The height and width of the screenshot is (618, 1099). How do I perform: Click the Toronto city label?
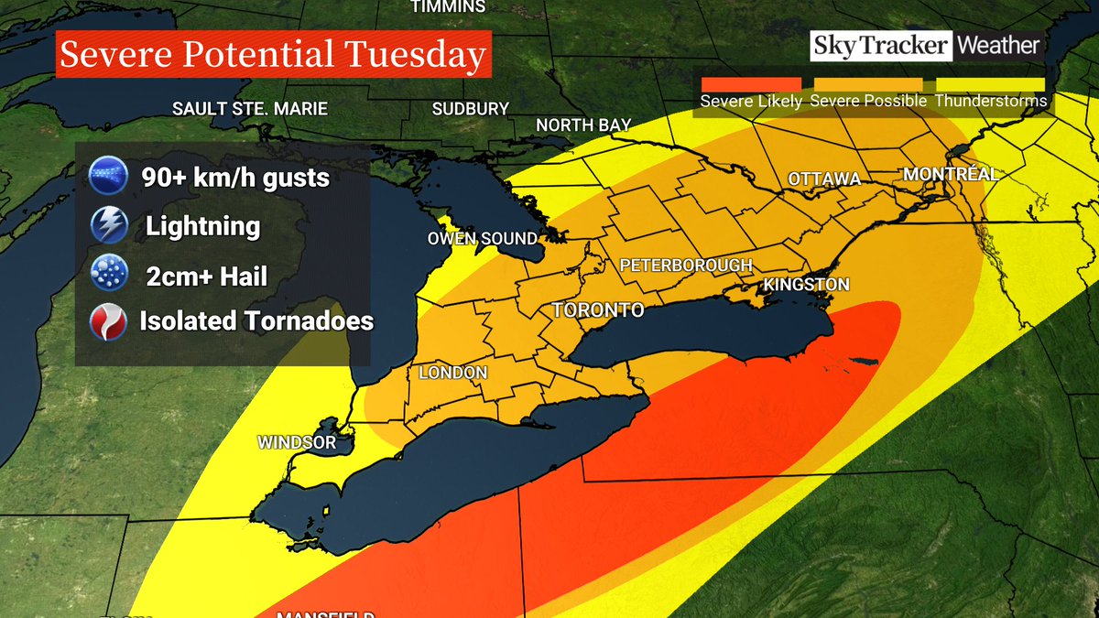(598, 310)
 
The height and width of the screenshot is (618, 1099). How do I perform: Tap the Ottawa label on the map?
(824, 179)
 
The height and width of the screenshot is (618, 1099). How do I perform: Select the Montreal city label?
(950, 174)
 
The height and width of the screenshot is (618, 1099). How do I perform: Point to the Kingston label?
(806, 285)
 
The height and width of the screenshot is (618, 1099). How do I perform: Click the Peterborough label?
(685, 266)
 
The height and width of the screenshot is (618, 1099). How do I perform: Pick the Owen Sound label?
(483, 238)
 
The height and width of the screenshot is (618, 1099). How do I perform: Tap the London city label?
(452, 373)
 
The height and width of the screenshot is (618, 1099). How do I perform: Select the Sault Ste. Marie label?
(249, 109)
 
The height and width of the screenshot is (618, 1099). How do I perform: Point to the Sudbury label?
(470, 109)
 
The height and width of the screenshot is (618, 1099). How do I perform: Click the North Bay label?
(583, 125)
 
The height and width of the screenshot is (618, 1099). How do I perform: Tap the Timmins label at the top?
(447, 7)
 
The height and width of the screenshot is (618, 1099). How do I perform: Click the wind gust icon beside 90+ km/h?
(108, 176)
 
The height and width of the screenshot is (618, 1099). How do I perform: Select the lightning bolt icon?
(108, 225)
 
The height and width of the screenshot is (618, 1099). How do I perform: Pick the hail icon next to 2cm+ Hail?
(108, 274)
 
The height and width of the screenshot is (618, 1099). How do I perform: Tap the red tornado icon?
(108, 321)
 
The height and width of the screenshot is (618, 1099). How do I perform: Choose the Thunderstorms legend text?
(991, 102)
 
